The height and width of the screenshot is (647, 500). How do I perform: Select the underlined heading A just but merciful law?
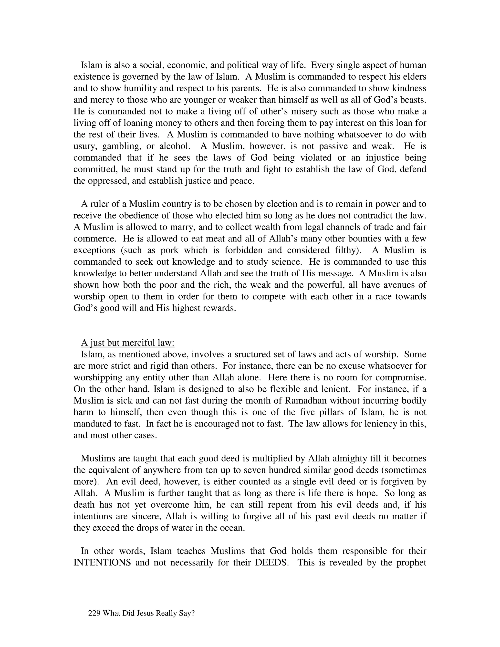tap(128, 343)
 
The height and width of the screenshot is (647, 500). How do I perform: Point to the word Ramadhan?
tap(305, 400)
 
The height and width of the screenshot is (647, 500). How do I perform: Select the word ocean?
tap(232, 528)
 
